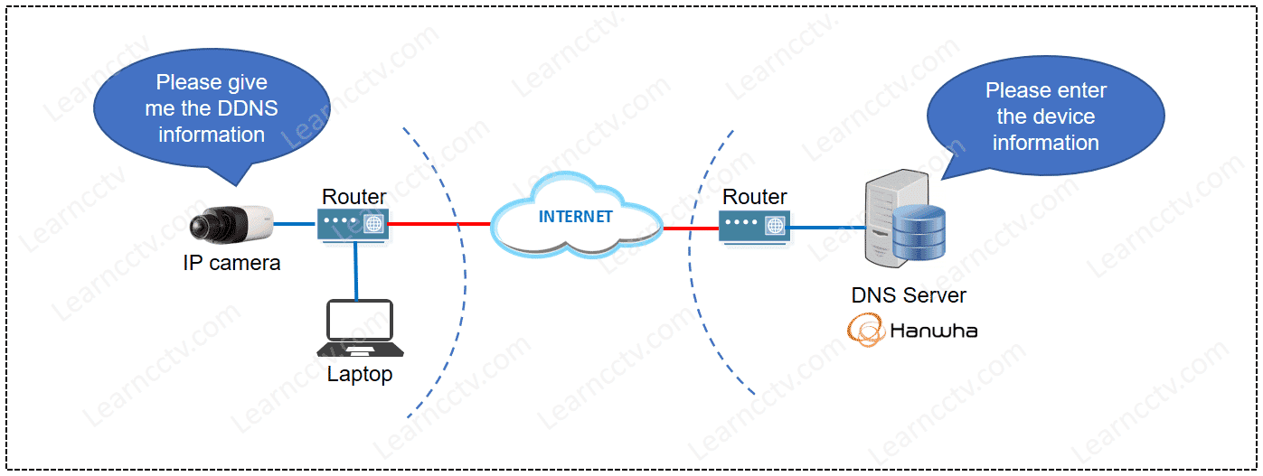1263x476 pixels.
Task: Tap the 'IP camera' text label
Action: coord(231,264)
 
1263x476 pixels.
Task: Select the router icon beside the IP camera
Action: coord(353,223)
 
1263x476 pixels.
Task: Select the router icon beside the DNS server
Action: coord(755,224)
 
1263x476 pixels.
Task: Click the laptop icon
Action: coord(360,328)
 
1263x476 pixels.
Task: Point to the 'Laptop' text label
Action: coord(360,374)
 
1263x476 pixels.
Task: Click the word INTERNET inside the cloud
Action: coord(575,217)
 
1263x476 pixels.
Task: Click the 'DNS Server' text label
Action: coord(909,295)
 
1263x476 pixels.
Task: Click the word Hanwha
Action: coord(933,331)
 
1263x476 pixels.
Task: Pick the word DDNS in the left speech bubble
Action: coord(246,108)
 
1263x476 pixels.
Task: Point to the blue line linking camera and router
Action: coord(296,223)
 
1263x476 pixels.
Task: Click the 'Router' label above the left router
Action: coord(354,196)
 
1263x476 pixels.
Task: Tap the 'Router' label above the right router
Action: coord(755,197)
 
